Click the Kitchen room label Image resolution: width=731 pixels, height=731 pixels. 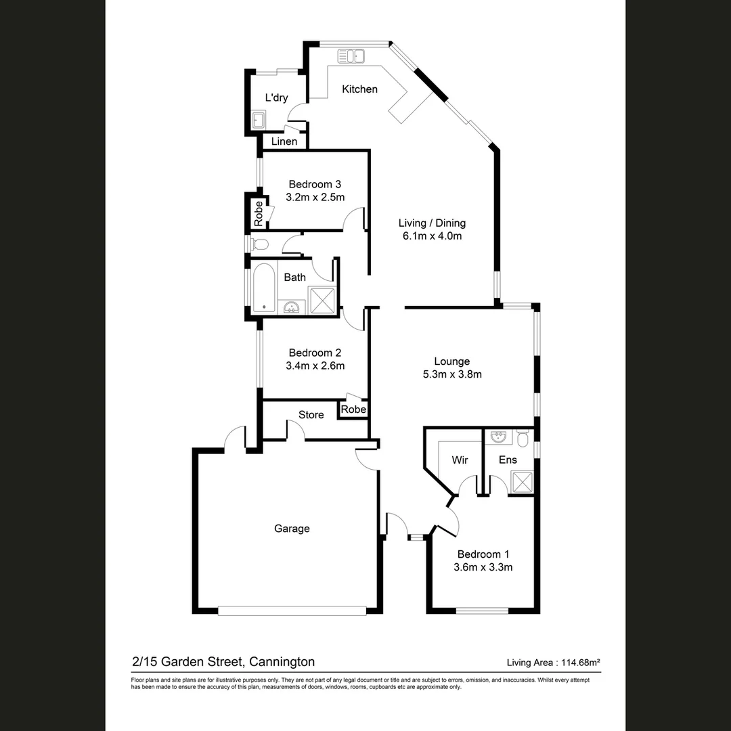coord(359,89)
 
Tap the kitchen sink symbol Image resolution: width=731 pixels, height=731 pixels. coord(351,56)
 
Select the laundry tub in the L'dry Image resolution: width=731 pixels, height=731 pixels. coord(258,120)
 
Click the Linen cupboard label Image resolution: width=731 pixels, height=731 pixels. coord(284,141)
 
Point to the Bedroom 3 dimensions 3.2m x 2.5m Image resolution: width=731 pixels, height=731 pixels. coord(315,198)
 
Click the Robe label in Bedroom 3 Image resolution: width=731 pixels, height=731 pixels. coord(258,214)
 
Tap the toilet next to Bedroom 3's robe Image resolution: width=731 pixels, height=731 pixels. coord(259,244)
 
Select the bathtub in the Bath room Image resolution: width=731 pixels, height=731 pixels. coord(263,288)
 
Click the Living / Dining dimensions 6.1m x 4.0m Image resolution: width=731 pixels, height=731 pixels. coord(431,236)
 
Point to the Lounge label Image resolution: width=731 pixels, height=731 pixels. coord(451,361)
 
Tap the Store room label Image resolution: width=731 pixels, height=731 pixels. coord(311,415)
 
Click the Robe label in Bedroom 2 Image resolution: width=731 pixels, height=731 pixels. coord(353,409)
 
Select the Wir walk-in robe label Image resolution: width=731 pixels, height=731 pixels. coord(460,460)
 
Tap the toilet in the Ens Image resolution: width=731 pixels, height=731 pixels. coord(523,440)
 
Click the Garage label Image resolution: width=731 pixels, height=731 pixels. coord(292,529)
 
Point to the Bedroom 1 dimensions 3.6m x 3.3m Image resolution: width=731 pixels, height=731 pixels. coord(483,567)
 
